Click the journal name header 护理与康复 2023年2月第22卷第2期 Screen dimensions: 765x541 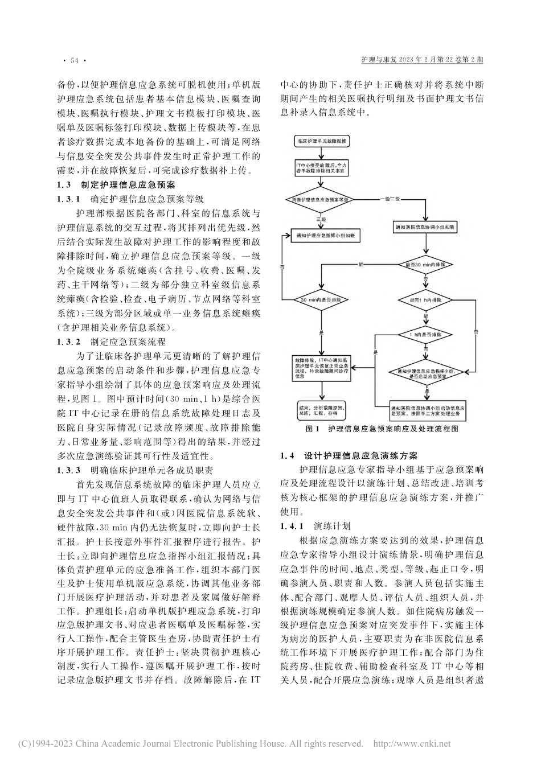pos(423,59)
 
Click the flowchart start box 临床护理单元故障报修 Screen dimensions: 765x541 pos(322,140)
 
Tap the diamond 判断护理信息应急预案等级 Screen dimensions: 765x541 pos(322,200)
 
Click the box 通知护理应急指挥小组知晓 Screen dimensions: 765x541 pos(322,235)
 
